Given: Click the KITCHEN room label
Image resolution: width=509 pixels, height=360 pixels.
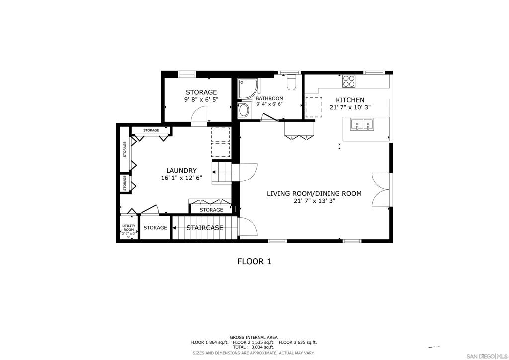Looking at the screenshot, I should pos(350,100).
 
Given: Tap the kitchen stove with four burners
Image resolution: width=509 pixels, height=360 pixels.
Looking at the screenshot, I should pos(349,81).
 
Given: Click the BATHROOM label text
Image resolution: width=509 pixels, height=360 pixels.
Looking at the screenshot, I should pos(269,98).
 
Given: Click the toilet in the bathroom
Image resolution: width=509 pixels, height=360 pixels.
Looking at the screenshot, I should pos(292,81).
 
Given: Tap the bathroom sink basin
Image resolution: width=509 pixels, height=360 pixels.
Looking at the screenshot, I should pos(244,110).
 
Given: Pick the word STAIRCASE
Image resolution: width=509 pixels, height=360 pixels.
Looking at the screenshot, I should pos(205,228).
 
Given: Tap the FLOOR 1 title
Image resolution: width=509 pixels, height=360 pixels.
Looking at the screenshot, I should pos(254,261).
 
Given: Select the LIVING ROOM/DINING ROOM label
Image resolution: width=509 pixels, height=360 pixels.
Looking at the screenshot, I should pos(314,194).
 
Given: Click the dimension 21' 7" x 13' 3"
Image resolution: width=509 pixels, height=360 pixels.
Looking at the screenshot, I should pos(314,201).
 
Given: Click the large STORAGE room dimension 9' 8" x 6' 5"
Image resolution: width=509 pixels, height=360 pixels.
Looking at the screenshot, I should pos(201,100).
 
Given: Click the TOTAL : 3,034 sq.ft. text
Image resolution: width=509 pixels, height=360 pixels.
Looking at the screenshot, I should pos(254,347).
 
